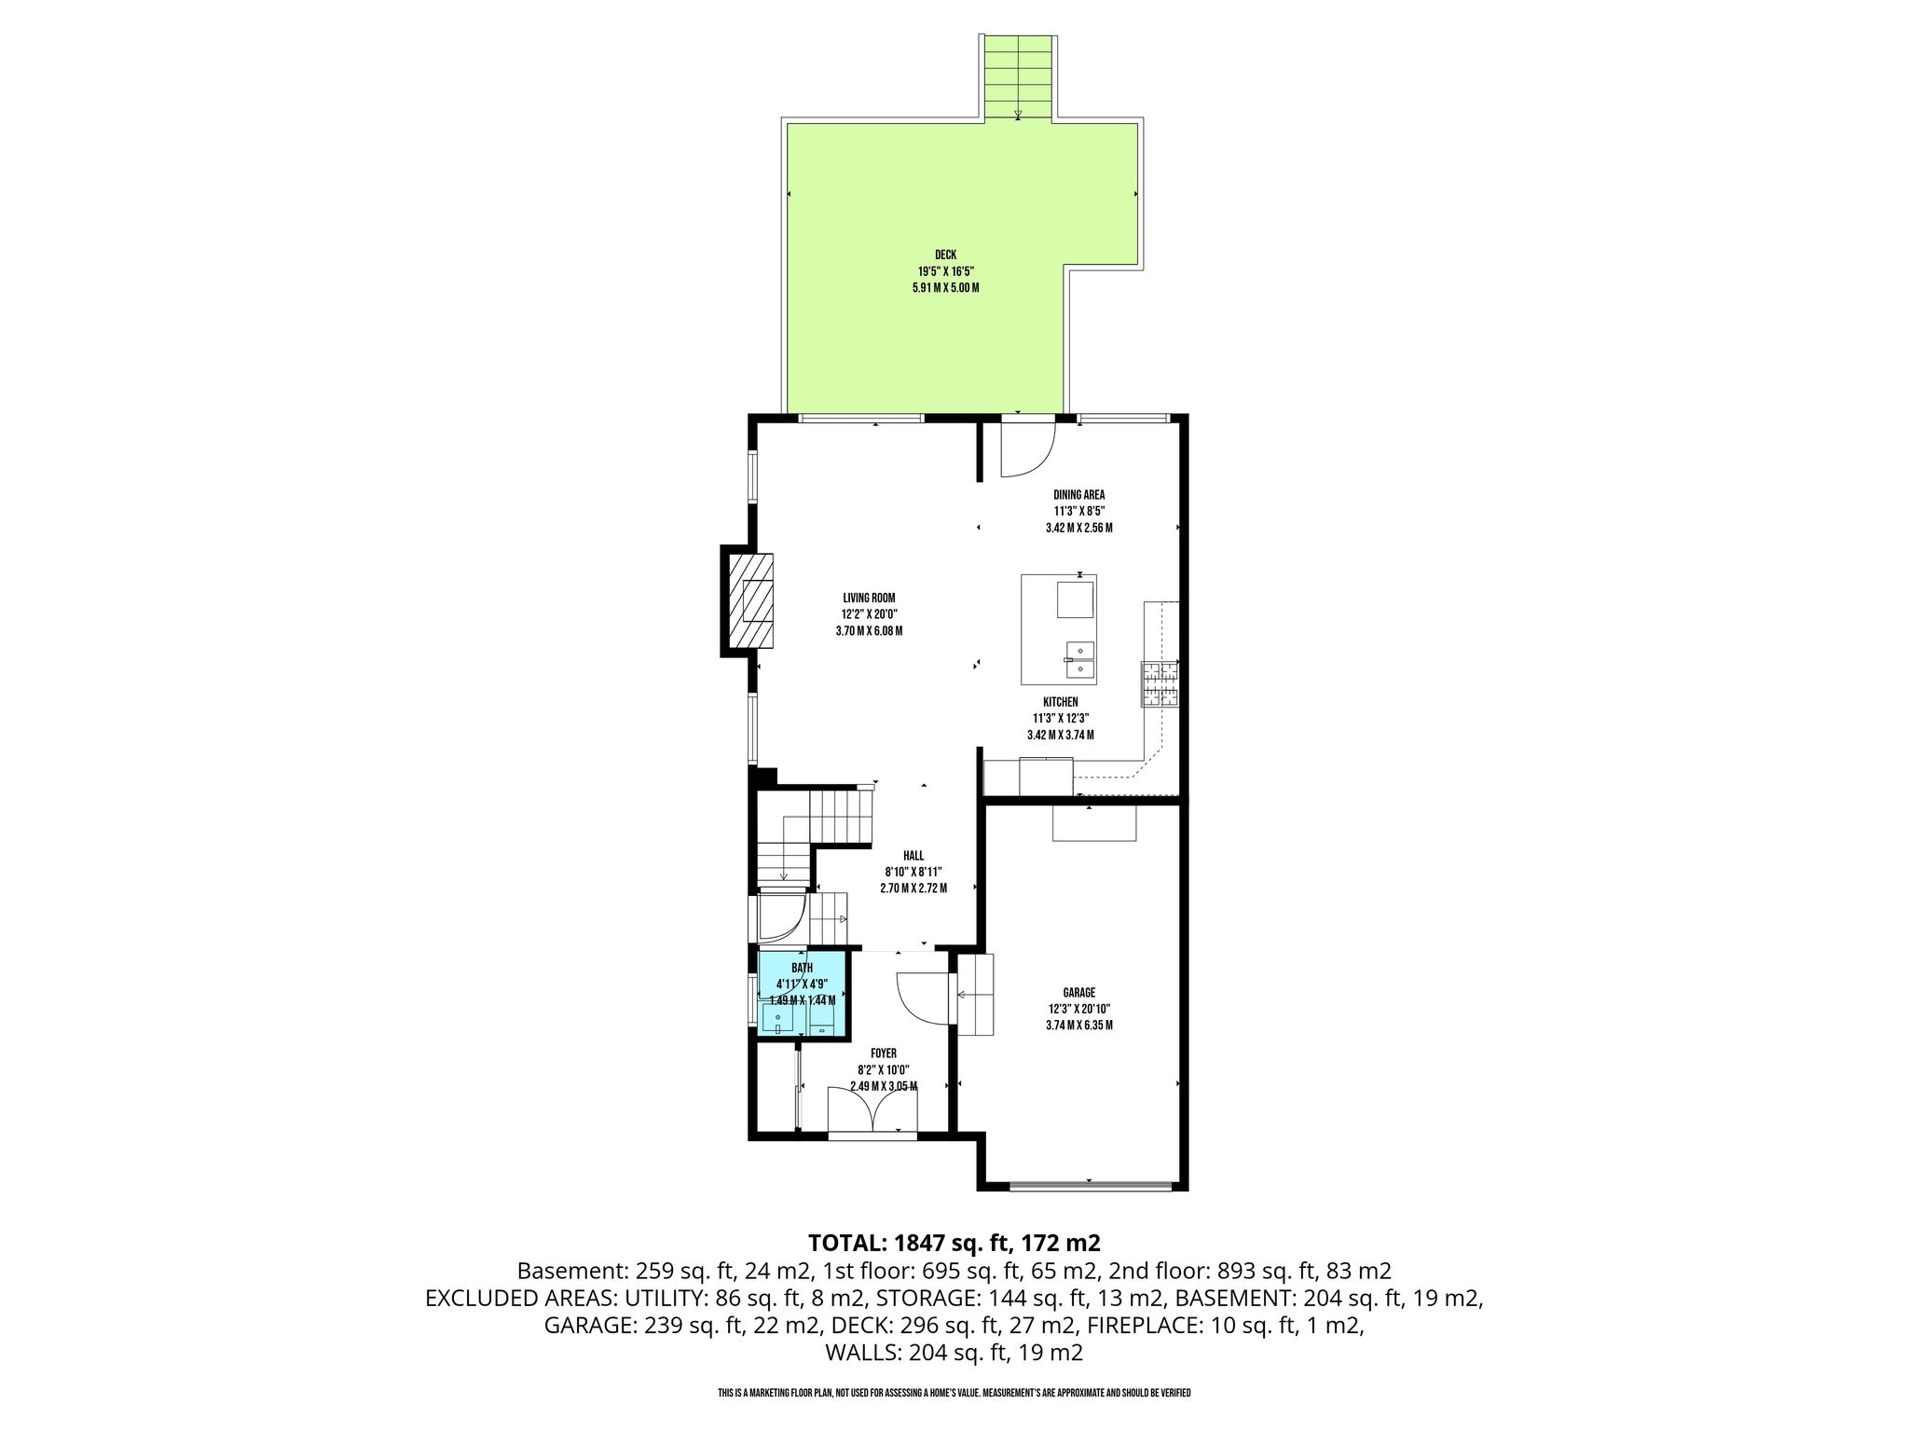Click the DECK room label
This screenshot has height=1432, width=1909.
(945, 255)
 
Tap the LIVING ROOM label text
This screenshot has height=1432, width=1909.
(869, 598)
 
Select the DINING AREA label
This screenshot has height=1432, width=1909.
(1078, 495)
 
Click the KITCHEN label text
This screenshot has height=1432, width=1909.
(1060, 702)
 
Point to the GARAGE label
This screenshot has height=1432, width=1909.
(1078, 993)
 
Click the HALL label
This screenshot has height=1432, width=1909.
(913, 856)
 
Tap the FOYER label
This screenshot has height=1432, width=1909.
(883, 1053)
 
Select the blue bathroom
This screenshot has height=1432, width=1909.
(803, 994)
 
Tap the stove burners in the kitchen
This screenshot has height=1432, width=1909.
(1160, 683)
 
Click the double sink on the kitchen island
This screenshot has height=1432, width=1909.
(1080, 658)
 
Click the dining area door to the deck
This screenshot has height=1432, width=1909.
(1027, 448)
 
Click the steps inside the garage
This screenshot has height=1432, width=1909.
(975, 995)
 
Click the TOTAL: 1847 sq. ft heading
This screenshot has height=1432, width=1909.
(954, 1243)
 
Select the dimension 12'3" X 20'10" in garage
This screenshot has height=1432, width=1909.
(1078, 1009)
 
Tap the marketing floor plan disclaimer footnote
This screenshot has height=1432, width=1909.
(954, 1393)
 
